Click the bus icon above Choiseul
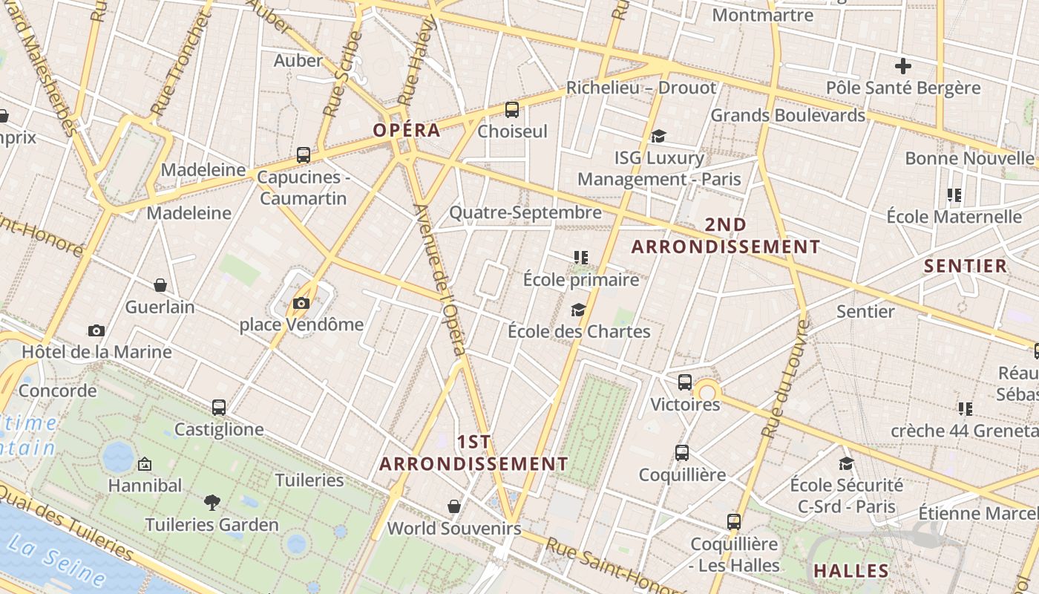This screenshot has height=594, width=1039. pos(511,110)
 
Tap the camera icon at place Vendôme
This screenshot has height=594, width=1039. pos(301,303)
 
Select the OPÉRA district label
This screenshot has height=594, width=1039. pos(407,131)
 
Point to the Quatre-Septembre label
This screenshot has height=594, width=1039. pos(525,213)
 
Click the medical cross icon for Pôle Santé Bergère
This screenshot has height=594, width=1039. pos(902,66)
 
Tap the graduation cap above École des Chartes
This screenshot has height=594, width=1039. pos(578,310)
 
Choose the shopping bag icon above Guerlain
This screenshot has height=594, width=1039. pos(160,285)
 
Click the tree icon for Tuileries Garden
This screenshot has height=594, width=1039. pos(212,503)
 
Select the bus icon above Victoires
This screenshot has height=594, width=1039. pos(684,382)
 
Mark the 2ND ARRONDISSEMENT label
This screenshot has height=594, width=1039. pos(726,236)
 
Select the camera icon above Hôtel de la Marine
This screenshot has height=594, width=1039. pos(96,330)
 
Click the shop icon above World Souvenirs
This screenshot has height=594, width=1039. pos(454,506)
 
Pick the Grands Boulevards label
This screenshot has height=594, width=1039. pos(788,116)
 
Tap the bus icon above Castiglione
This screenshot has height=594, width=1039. pos(218,408)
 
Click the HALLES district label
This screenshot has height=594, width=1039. pos(851,571)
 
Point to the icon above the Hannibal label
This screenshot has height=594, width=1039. pos(145,464)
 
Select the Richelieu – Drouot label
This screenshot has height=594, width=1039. pos(641,88)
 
